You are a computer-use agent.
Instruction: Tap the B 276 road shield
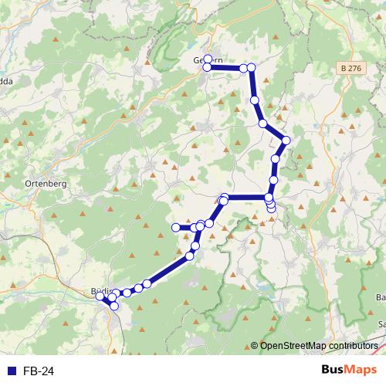350,69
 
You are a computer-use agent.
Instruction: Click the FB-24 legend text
39,371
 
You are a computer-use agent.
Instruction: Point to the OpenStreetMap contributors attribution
319,346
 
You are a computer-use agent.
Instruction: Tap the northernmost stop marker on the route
208,59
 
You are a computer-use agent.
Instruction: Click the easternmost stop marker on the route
286,140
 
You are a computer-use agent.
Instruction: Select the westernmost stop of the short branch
175,227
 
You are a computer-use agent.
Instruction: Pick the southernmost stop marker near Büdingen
114,306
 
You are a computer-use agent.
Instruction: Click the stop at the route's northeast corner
251,68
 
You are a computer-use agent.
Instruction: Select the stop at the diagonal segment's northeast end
190,256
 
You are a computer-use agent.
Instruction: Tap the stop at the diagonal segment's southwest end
146,284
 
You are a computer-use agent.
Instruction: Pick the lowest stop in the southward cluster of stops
271,209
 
